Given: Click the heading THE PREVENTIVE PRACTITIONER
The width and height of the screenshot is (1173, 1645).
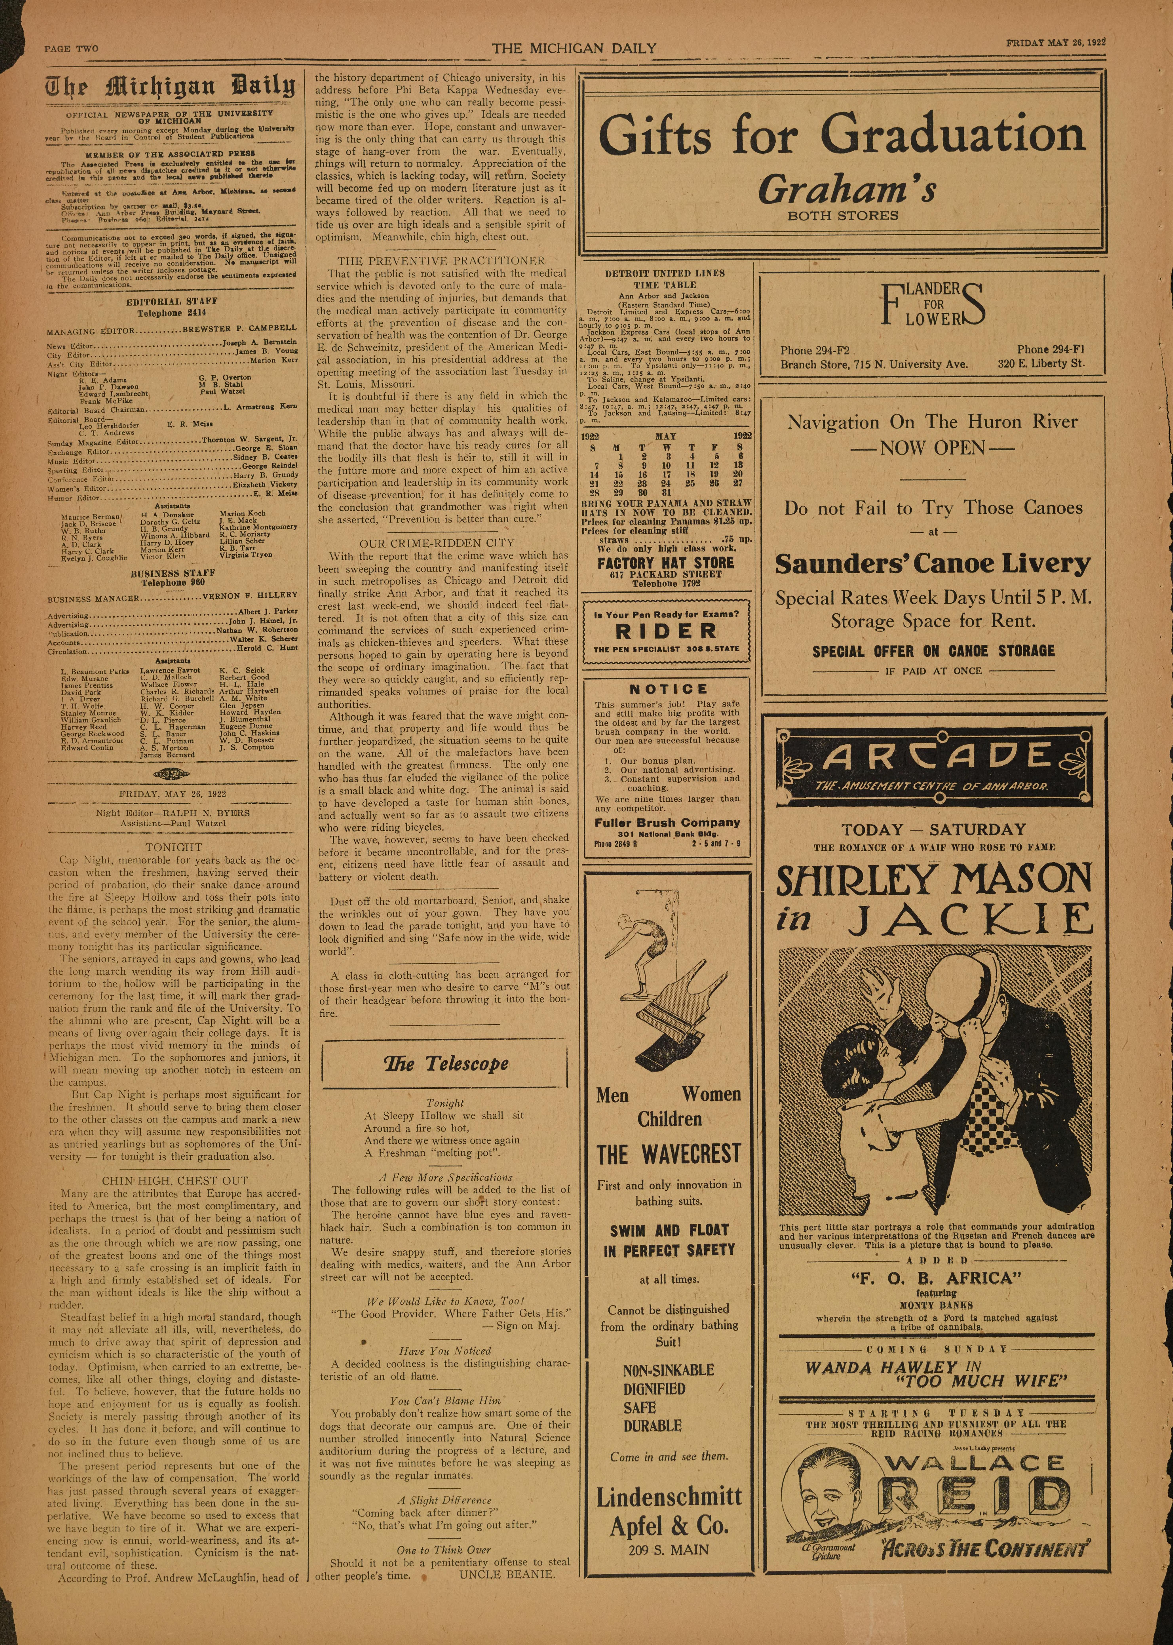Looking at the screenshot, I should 441,260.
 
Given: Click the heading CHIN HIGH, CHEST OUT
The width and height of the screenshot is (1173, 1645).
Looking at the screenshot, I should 175,1181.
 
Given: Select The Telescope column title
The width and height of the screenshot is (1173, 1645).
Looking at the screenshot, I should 446,1063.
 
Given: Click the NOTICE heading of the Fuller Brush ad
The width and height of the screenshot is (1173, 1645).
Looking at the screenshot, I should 668,689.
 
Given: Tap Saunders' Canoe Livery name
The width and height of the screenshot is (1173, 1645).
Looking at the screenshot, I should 933,563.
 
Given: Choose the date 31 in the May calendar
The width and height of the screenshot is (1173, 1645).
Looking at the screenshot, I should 666,492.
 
